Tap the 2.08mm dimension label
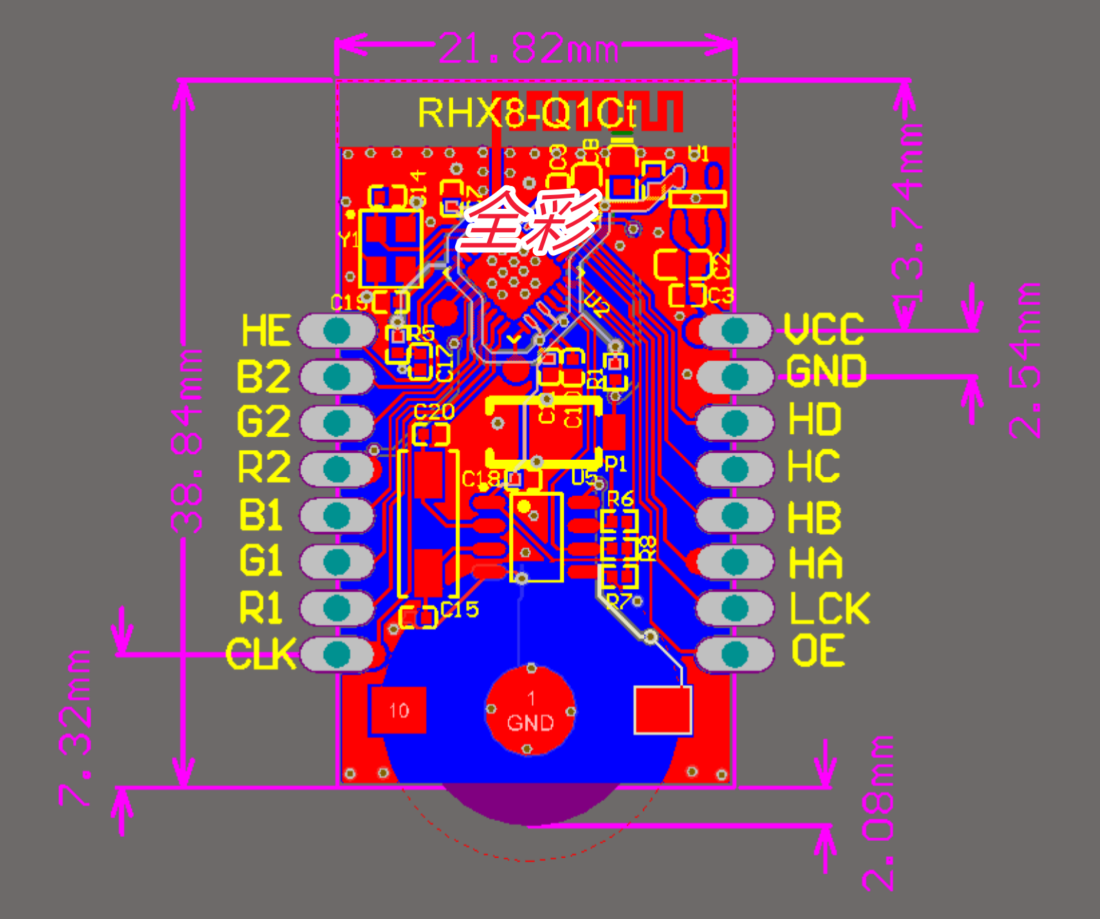[x=878, y=813]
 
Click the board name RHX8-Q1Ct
[x=526, y=113]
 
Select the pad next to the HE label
[x=337, y=331]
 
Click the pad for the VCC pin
[x=735, y=331]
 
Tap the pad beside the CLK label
[x=337, y=654]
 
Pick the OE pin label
[x=818, y=651]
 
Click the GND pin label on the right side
[x=826, y=371]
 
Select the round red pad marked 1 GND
[x=530, y=710]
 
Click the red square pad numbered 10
[x=398, y=710]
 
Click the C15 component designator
[x=459, y=610]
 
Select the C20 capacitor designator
[x=434, y=413]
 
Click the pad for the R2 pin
[x=337, y=469]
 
